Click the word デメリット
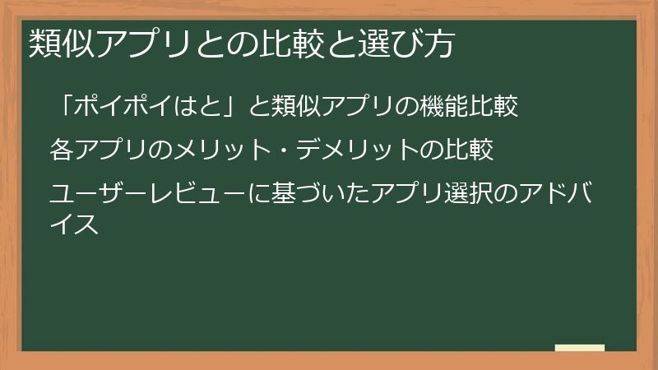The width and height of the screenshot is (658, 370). pyautogui.click(x=366, y=150)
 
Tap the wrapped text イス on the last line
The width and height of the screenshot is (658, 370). pyautogui.click(x=75, y=223)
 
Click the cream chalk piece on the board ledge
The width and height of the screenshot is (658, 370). pyautogui.click(x=580, y=348)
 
